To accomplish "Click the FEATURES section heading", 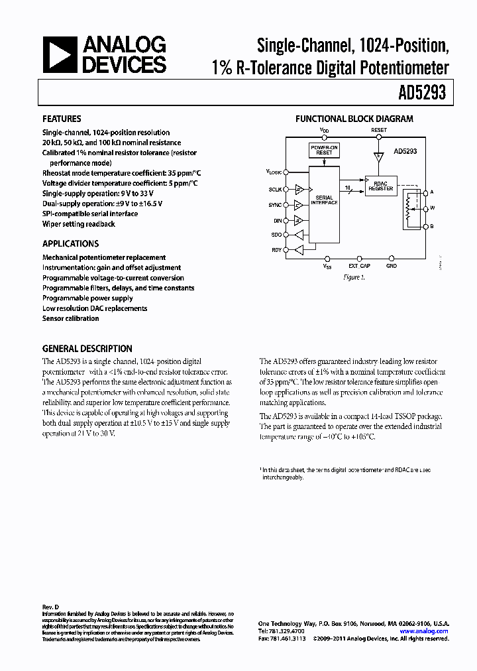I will [62, 119].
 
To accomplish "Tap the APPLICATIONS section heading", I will [70, 243].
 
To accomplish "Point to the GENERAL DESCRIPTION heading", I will [87, 348].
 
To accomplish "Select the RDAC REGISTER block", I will [380, 186].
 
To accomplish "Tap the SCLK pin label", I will [276, 188].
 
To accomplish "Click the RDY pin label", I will [277, 250].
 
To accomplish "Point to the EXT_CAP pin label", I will [360, 266].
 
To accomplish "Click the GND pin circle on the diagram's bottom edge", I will [392, 259].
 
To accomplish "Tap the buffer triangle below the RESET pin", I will [378, 157].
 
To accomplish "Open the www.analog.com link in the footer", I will [424, 631].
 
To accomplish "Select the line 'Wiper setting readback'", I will [78, 224].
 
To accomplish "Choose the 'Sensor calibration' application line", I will [70, 318].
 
